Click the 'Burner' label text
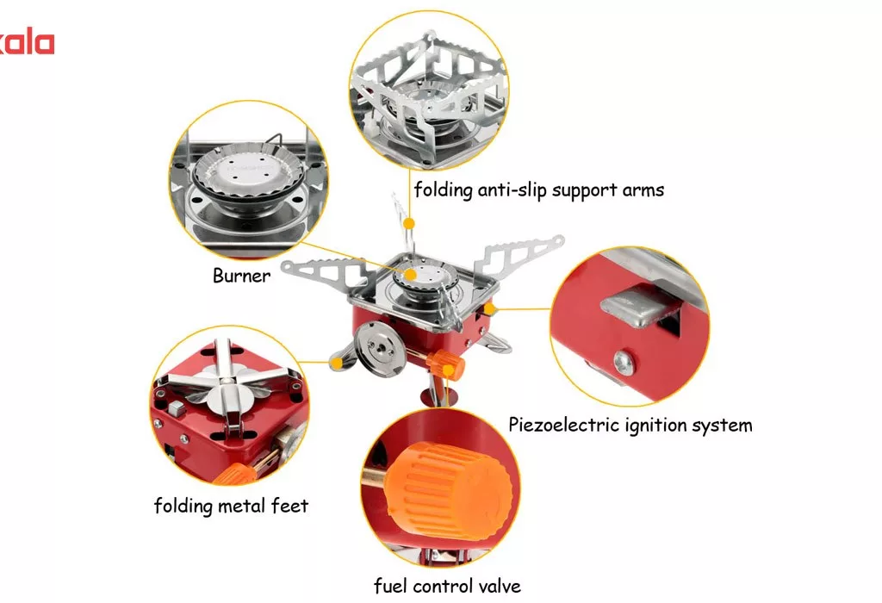click(241, 275)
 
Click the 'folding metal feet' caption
click(231, 505)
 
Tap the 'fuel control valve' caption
click(447, 586)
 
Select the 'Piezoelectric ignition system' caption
click(630, 425)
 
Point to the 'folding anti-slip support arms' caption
click(539, 190)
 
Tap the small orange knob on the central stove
click(447, 364)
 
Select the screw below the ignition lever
click(623, 363)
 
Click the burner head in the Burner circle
click(248, 171)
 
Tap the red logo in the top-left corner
click(27, 43)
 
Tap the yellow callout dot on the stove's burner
click(411, 275)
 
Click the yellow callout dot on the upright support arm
click(409, 223)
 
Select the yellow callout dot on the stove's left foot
click(337, 364)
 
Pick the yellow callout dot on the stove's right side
click(489, 308)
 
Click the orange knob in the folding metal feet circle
click(235, 474)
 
